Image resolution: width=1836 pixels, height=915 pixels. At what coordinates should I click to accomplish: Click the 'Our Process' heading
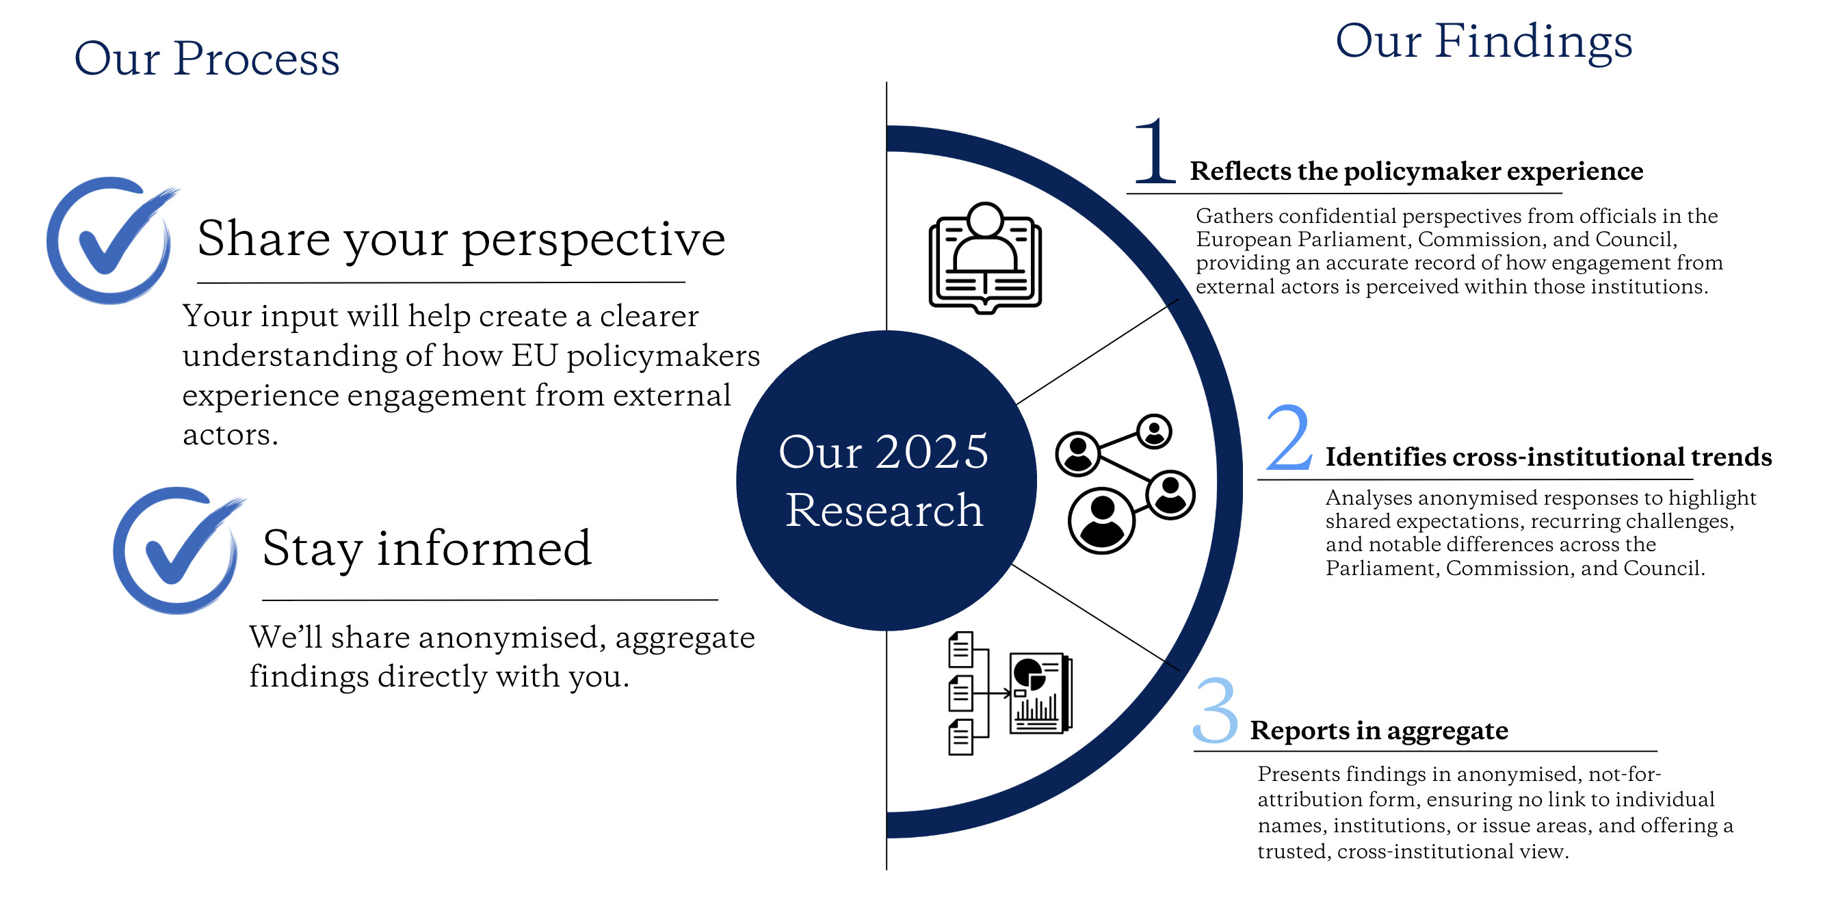coord(207,57)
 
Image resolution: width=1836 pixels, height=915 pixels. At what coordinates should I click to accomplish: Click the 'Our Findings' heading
coord(1484,40)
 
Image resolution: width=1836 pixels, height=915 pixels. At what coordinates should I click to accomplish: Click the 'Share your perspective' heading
coord(461,240)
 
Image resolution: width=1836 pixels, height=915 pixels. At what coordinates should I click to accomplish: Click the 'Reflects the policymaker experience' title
coord(1417,171)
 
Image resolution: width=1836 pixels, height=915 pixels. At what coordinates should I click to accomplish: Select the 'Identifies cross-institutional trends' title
coord(1549,457)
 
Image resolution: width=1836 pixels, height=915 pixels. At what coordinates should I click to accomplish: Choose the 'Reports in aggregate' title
coord(1379,730)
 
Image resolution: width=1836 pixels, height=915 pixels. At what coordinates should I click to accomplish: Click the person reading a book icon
coord(985,258)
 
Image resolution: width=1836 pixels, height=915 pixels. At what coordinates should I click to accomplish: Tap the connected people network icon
coord(1125,483)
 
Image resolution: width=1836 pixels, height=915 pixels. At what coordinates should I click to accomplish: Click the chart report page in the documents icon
coord(1041,693)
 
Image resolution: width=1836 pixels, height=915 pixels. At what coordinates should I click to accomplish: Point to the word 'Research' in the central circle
coord(884,510)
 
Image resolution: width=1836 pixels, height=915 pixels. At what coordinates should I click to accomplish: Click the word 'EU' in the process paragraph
coord(534,356)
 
